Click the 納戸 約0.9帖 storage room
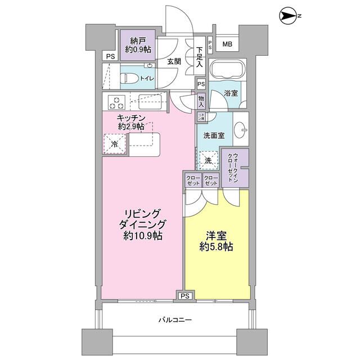click(x=137, y=44)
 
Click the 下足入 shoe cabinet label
click(x=199, y=57)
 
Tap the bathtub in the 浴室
click(x=227, y=70)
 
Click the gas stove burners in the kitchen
click(x=117, y=103)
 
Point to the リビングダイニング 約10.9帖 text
click(x=142, y=225)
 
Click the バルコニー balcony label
click(x=175, y=319)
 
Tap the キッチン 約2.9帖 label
click(x=132, y=122)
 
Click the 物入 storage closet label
click(x=201, y=101)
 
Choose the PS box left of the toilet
click(x=110, y=56)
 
